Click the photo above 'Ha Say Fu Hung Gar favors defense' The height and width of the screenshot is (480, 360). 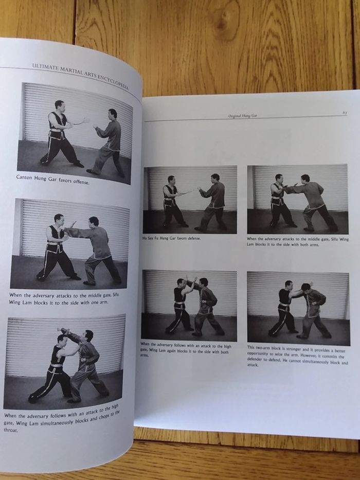[190, 200]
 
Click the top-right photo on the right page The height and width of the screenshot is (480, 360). [297, 200]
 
